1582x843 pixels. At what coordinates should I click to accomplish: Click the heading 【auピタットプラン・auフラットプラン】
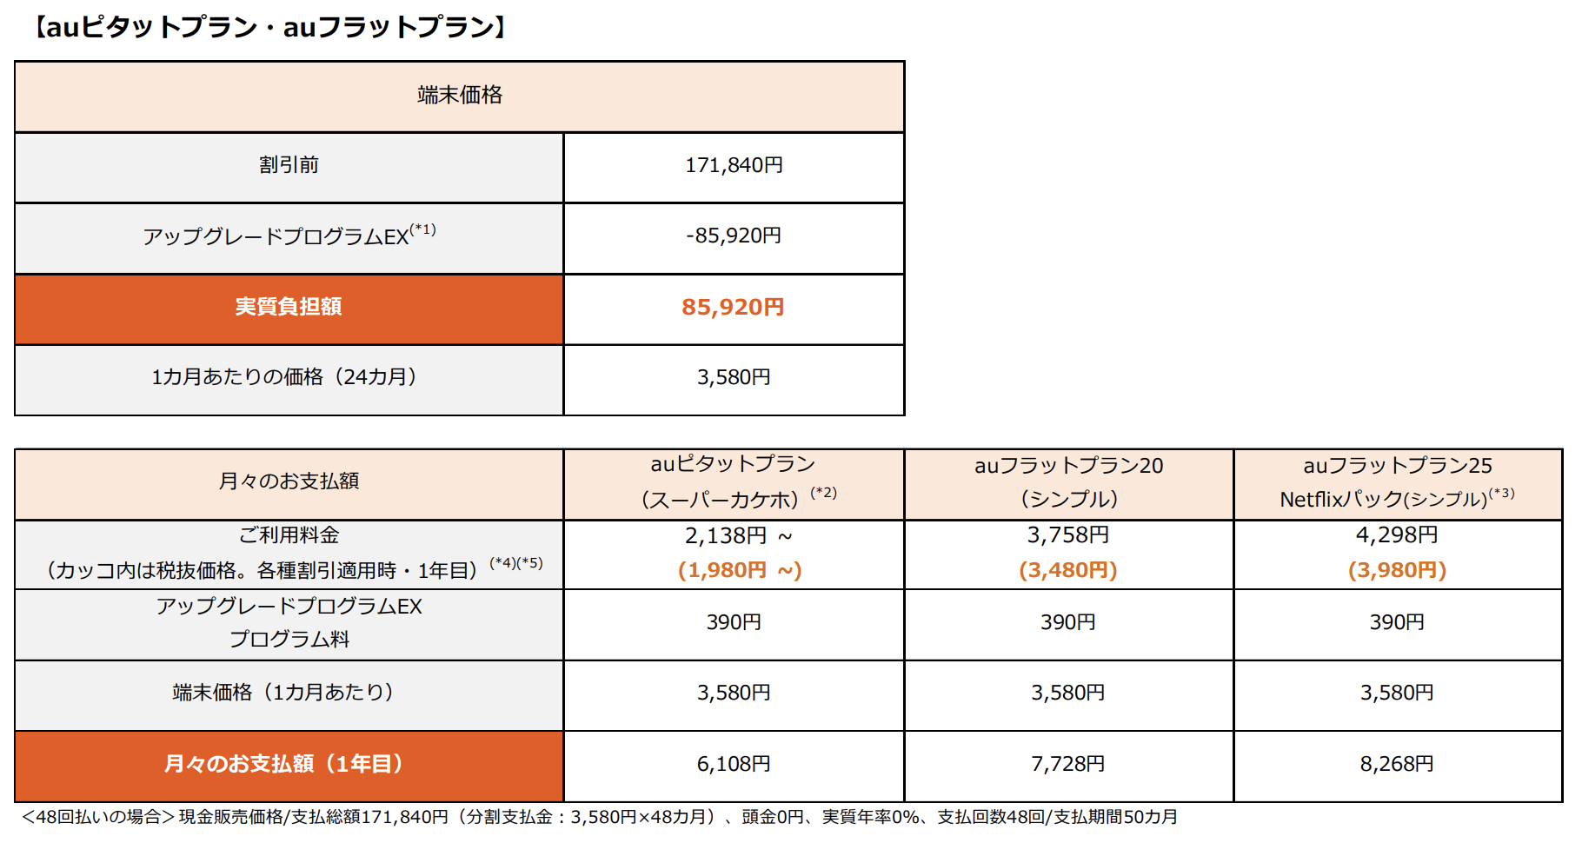click(270, 28)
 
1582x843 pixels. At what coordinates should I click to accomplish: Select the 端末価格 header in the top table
click(460, 96)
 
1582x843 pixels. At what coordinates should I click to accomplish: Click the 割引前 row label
click(289, 165)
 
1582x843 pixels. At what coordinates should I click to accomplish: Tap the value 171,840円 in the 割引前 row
click(734, 165)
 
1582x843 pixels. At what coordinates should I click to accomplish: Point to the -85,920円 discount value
click(734, 236)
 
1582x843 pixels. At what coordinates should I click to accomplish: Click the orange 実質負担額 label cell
click(289, 307)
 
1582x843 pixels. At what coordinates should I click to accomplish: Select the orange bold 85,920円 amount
click(733, 307)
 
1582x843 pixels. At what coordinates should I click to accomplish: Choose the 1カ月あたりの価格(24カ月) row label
click(284, 377)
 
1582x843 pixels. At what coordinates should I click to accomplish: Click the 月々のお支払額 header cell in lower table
click(289, 481)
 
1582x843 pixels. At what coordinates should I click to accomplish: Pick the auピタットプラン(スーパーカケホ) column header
click(734, 481)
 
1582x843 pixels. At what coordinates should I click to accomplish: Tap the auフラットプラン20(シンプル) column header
click(1068, 482)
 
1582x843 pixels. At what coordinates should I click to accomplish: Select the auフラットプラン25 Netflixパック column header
click(1397, 482)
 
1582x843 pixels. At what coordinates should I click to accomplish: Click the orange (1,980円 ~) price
click(740, 570)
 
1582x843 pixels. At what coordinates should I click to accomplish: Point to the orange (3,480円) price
click(1068, 570)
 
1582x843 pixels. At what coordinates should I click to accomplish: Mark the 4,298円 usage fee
click(1397, 535)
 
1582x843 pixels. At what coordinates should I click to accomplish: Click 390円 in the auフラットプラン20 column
click(1068, 622)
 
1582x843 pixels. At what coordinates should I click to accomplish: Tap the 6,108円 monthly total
click(734, 764)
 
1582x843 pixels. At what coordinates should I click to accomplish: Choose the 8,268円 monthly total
click(1397, 764)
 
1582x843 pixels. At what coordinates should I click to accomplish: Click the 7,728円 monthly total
click(1068, 764)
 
